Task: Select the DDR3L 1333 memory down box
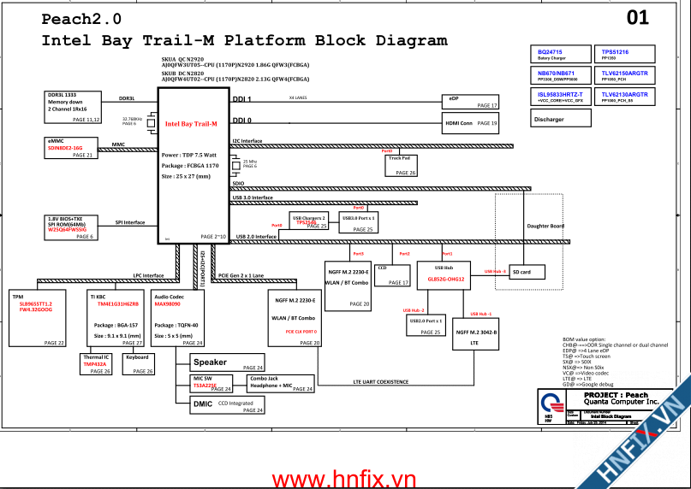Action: tap(73, 107)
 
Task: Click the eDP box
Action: tap(470, 101)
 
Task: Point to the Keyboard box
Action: tap(139, 363)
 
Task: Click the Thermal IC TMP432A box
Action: tap(96, 363)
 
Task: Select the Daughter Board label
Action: tap(545, 226)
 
